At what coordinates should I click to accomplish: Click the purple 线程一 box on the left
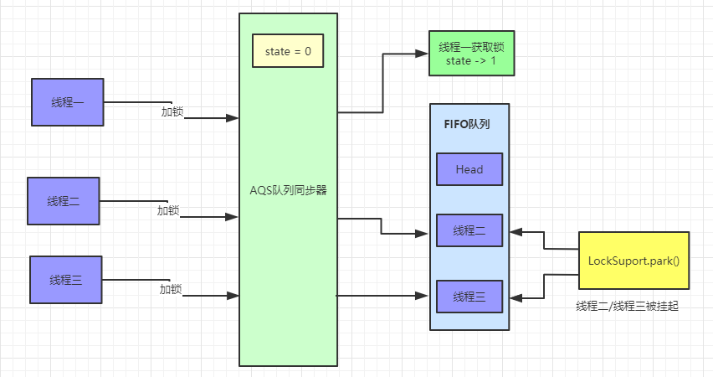(67, 102)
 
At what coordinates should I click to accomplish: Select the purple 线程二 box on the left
(64, 201)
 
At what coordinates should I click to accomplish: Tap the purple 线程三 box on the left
(65, 280)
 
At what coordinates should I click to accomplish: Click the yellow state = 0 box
(288, 52)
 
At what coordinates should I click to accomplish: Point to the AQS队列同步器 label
(288, 190)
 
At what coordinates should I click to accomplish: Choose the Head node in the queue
(469, 169)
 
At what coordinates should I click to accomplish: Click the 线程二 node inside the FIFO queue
(469, 230)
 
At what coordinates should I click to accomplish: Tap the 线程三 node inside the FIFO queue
(469, 297)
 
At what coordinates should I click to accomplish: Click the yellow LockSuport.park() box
(633, 261)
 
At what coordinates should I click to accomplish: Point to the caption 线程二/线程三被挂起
(627, 307)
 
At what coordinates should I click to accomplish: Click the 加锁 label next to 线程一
(172, 111)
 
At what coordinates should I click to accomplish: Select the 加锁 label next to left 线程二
(168, 210)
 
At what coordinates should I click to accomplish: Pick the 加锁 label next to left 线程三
(171, 290)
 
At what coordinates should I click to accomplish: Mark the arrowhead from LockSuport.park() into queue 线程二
(516, 230)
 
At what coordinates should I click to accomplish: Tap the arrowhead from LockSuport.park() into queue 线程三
(516, 297)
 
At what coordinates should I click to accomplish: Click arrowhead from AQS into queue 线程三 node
(423, 295)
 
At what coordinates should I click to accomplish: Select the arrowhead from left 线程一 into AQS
(233, 118)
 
